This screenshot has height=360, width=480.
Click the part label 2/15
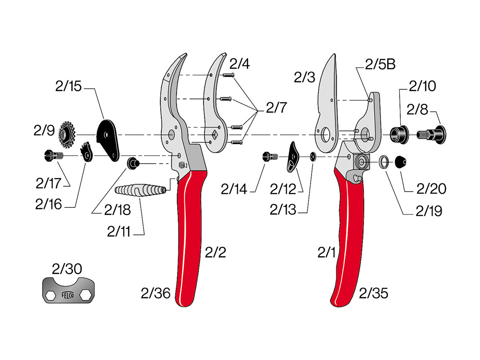[68, 87]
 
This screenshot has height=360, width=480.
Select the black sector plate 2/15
[108, 137]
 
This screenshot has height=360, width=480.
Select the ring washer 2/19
[384, 162]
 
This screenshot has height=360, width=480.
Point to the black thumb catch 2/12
[293, 158]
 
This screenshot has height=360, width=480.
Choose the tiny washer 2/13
[312, 156]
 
